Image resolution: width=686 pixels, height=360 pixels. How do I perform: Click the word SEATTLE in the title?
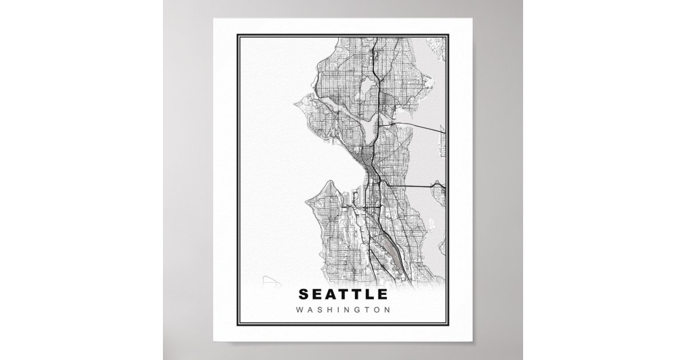(342, 295)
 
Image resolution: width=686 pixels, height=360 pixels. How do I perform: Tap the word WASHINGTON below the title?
(342, 310)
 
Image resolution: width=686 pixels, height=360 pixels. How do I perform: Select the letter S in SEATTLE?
(304, 295)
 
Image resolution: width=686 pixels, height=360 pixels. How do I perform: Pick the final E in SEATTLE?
(382, 295)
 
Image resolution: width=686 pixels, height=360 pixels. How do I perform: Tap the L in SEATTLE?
(368, 295)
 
